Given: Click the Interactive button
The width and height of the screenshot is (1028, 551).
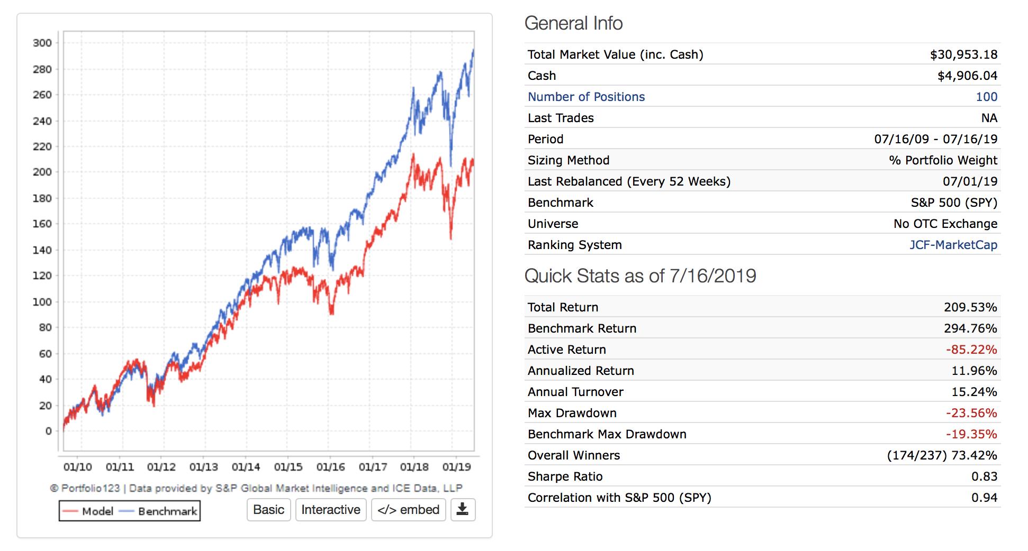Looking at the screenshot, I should [x=330, y=510].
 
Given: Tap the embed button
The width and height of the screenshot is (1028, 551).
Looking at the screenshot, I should [x=408, y=510].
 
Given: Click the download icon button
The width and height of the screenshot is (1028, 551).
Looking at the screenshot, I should [x=463, y=510].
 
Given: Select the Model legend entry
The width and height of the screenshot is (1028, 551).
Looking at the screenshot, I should [x=88, y=511].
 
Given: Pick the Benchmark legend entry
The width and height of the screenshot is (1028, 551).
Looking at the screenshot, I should [x=159, y=511].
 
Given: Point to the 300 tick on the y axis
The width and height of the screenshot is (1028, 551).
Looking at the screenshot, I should [x=42, y=43].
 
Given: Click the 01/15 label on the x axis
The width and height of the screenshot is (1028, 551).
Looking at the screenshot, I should [x=288, y=467].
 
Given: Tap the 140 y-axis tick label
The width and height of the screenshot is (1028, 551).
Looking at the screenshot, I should [x=42, y=250].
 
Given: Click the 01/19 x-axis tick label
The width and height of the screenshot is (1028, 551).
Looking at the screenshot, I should [x=456, y=467].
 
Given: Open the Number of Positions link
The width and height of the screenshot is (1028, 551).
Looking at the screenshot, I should [x=586, y=97].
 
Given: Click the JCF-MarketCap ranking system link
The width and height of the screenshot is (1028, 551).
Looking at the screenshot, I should [x=953, y=245].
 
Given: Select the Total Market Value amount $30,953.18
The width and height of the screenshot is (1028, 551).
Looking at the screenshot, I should [x=963, y=54].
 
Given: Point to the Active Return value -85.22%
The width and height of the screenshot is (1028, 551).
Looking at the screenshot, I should [x=971, y=350].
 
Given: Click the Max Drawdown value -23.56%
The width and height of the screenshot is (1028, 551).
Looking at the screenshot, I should [x=971, y=413].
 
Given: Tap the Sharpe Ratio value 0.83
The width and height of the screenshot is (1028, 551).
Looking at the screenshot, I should [x=984, y=476].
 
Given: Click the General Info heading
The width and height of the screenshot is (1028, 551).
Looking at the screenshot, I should [x=573, y=23].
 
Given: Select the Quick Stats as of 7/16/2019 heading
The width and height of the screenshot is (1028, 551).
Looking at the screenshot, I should [x=640, y=276].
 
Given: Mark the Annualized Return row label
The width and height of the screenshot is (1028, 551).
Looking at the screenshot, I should [x=581, y=371].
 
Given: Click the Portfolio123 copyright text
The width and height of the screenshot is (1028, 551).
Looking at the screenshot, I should [x=256, y=488].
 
